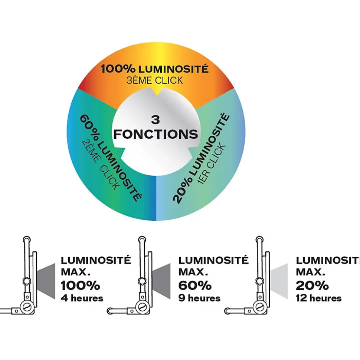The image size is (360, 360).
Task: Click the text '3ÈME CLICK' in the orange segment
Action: pyautogui.click(x=154, y=80)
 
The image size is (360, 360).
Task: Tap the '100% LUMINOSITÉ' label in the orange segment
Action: pyautogui.click(x=154, y=69)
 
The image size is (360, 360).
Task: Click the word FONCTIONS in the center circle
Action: pyautogui.click(x=156, y=134)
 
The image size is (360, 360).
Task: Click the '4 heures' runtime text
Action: pyautogui.click(x=82, y=298)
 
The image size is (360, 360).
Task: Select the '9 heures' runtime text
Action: pyautogui.click(x=199, y=298)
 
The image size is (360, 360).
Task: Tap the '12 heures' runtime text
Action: pyautogui.click(x=318, y=298)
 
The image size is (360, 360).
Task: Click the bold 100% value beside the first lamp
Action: pyautogui.click(x=81, y=285)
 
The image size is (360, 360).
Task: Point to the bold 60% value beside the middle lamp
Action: pyautogui.click(x=195, y=285)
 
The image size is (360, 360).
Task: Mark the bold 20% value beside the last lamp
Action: pyautogui.click(x=312, y=285)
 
